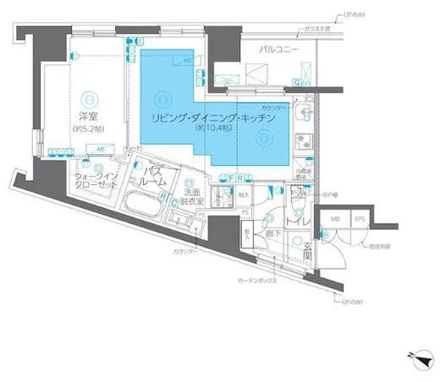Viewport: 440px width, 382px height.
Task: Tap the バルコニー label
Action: (279, 52)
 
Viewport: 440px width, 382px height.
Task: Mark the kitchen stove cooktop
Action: (306, 147)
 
